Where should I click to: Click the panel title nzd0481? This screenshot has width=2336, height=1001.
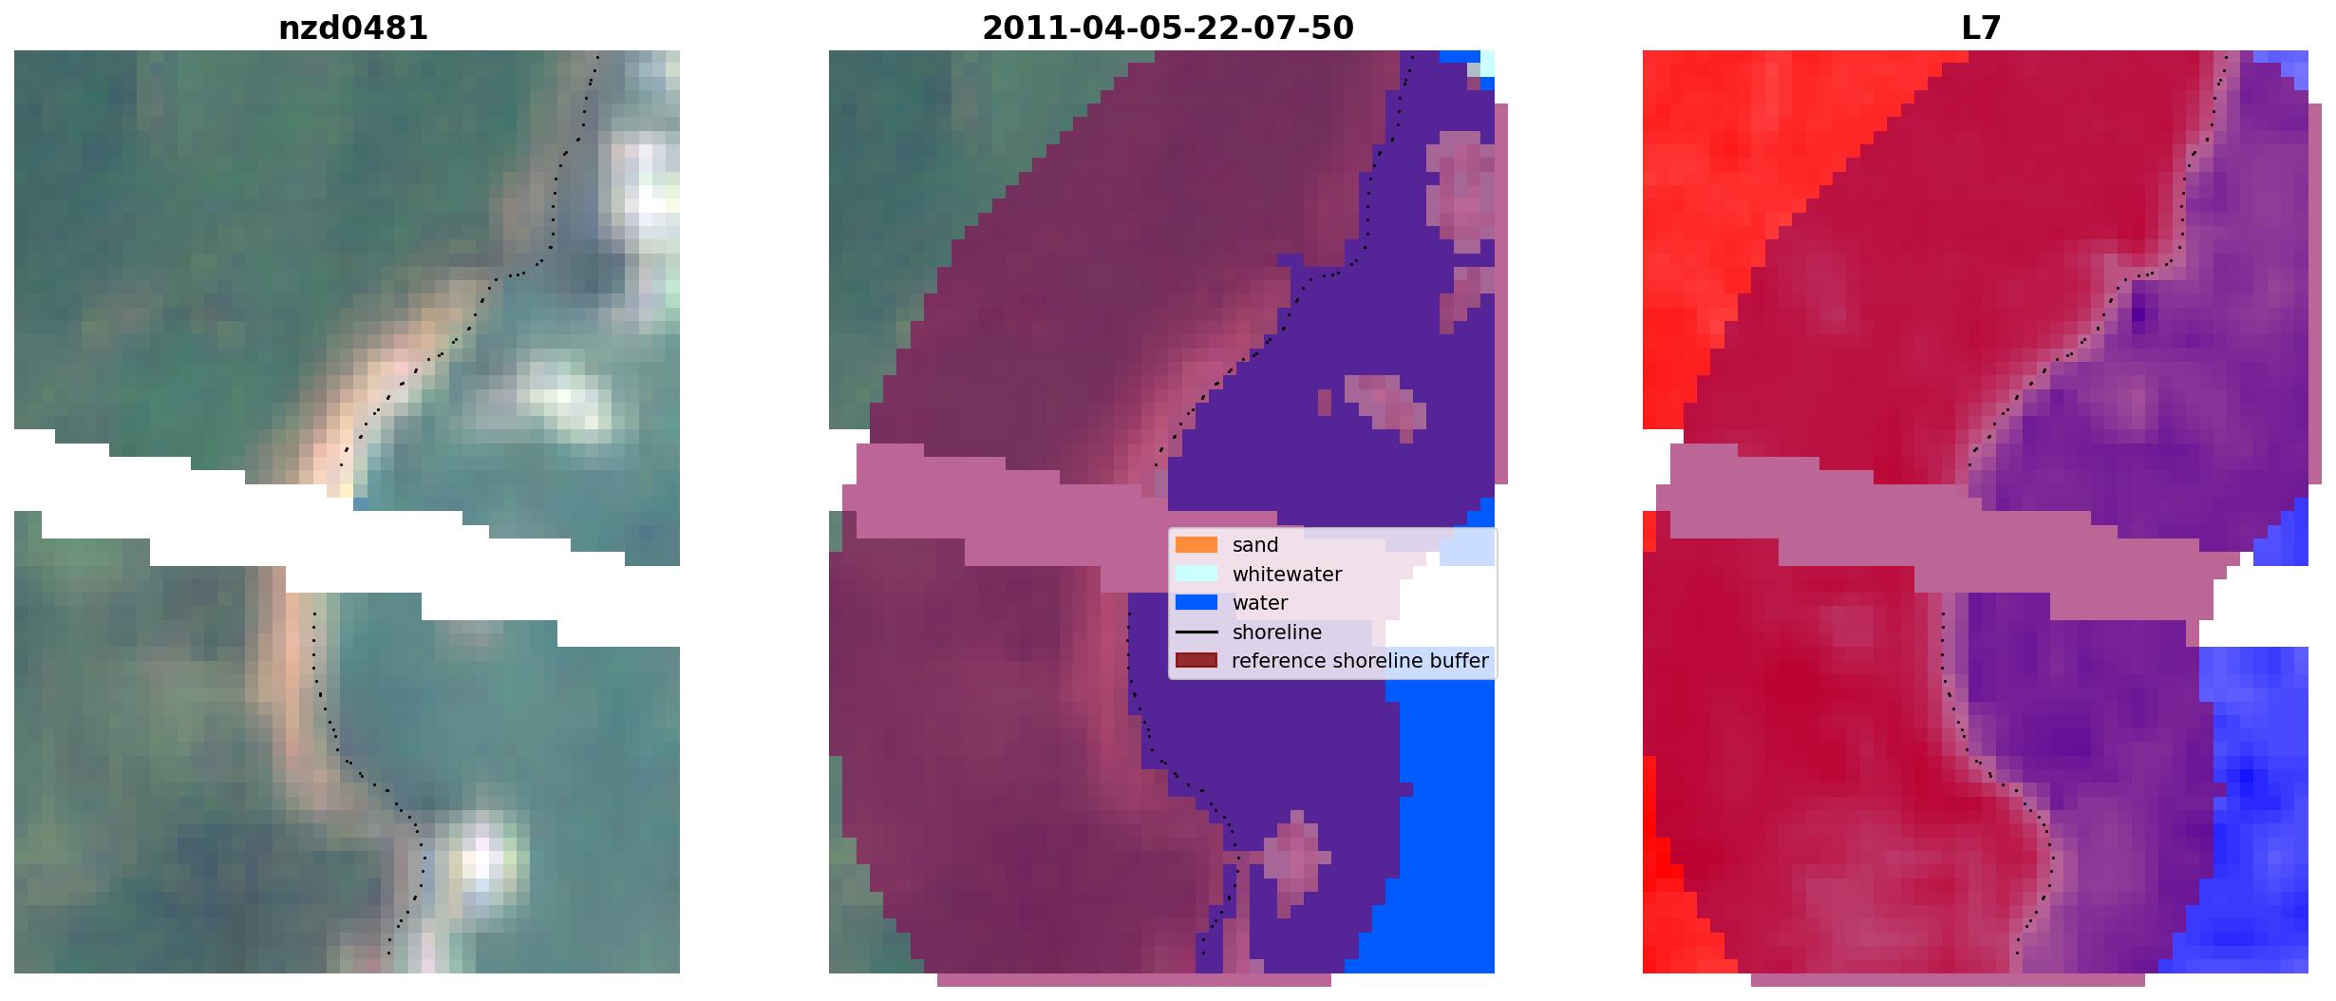point(352,28)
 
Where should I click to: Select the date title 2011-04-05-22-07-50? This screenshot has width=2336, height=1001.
point(1167,28)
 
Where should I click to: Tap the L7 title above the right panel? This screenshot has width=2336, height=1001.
point(1981,28)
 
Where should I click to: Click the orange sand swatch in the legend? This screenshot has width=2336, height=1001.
point(1196,545)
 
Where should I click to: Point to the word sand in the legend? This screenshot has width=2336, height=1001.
point(1255,545)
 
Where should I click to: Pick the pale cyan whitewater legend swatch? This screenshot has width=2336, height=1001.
point(1196,574)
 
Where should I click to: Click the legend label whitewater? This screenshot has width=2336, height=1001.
point(1287,575)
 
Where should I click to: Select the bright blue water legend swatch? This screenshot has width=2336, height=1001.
point(1196,603)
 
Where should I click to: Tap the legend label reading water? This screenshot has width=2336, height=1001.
point(1260,603)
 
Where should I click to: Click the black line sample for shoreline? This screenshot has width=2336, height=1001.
point(1196,633)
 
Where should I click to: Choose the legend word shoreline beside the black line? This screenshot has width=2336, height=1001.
point(1276,633)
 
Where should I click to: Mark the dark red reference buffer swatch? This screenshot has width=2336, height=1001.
point(1196,661)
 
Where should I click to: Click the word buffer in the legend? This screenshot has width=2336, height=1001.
point(1460,661)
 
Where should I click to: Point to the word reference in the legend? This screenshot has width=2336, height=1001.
point(1278,661)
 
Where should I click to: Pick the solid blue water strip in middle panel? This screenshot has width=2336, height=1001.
point(1443,807)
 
